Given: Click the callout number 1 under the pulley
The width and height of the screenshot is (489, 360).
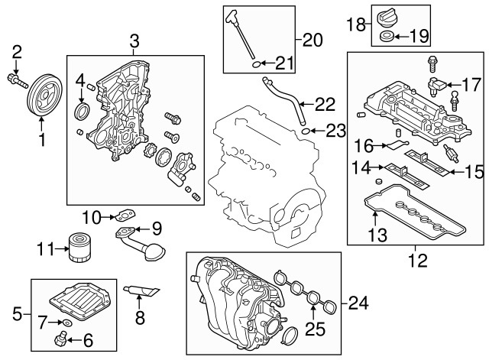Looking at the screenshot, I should point(42,140).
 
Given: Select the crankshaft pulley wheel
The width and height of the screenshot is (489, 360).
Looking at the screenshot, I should point(42,98).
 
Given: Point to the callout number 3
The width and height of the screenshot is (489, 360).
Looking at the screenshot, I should point(134,41).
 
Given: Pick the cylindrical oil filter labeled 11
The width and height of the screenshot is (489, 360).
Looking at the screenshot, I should point(78,248).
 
